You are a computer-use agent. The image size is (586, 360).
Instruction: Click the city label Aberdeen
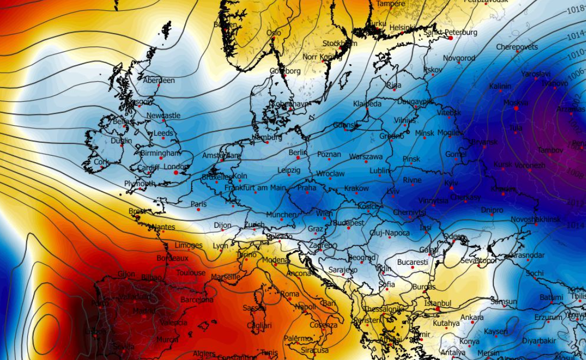pyautogui.click(x=159, y=80)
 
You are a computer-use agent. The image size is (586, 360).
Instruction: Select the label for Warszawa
pyautogui.click(x=366, y=157)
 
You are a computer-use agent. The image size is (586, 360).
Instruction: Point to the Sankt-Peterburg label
pyautogui.click(x=450, y=33)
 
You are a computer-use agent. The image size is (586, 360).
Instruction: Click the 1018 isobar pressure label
pyautogui.click(x=575, y=9)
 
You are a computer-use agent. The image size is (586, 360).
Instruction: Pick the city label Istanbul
pyautogui.click(x=438, y=303)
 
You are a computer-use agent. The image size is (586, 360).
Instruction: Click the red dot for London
pyautogui.click(x=176, y=172)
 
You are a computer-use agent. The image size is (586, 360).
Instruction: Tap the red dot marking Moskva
pyautogui.click(x=516, y=108)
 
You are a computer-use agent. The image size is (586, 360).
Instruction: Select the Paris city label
pyautogui.click(x=199, y=204)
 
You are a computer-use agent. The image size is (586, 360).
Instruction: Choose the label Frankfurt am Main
pyautogui.click(x=255, y=188)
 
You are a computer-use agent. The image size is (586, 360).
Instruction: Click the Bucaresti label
pyautogui.click(x=413, y=262)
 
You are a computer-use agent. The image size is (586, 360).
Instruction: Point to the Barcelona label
pyautogui.click(x=197, y=300)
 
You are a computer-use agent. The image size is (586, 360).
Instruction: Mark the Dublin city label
pyautogui.click(x=121, y=141)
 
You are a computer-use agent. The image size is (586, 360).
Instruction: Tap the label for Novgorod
pyautogui.click(x=459, y=58)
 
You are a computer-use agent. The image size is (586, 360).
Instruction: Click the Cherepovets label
pyautogui.click(x=517, y=47)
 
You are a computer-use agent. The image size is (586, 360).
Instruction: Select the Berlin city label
pyautogui.click(x=298, y=152)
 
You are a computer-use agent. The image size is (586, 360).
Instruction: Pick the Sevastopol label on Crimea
pyautogui.click(x=478, y=261)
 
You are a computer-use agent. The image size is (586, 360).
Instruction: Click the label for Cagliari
pyautogui.click(x=259, y=325)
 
